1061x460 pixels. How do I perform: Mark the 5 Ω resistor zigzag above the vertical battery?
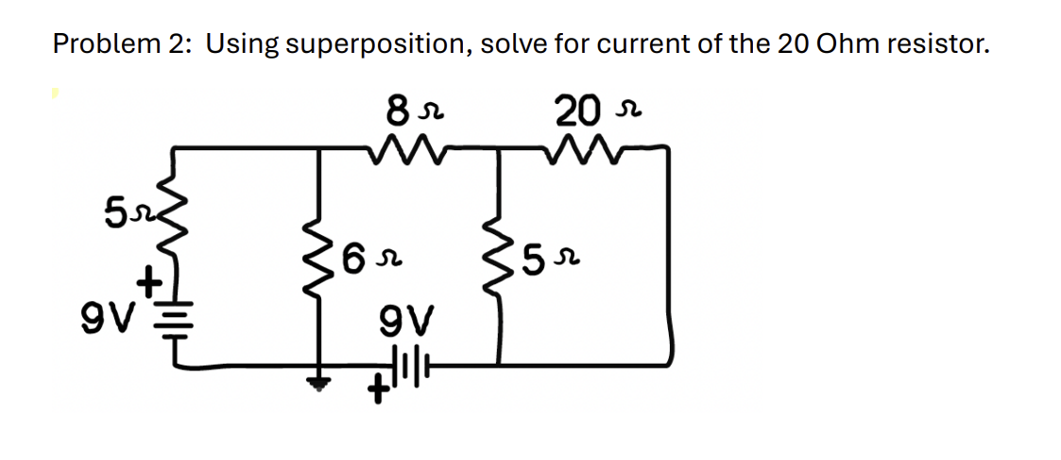point(173,228)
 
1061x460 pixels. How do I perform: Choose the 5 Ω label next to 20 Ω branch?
point(548,255)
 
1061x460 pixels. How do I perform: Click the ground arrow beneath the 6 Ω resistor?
point(318,381)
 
